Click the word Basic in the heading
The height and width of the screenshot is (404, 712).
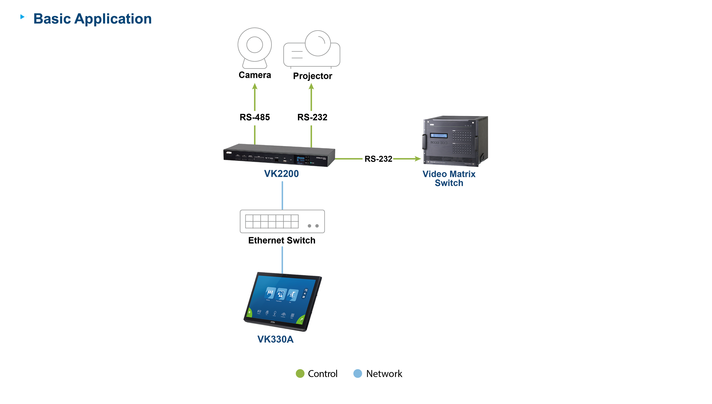point(52,19)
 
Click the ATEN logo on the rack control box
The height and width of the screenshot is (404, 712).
point(229,153)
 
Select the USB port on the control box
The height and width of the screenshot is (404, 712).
point(285,160)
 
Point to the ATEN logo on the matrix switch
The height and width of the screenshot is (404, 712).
point(432,125)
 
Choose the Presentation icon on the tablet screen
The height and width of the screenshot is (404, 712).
point(281,294)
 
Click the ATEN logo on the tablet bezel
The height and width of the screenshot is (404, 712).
point(273,322)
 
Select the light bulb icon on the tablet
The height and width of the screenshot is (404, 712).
point(275,313)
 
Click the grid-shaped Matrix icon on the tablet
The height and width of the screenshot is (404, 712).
point(292,315)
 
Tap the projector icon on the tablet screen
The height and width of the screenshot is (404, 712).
point(259,311)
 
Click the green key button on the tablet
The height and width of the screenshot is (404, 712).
point(301,320)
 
